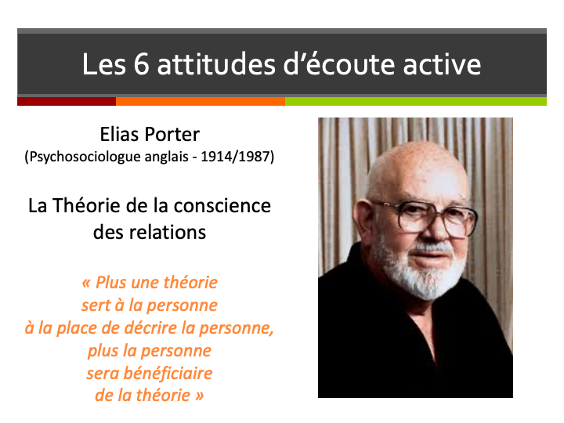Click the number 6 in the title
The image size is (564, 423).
[x=140, y=64]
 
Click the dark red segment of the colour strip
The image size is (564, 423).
[x=67, y=101]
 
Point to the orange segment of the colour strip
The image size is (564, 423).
[x=200, y=101]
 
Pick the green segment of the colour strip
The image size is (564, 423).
[x=415, y=101]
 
